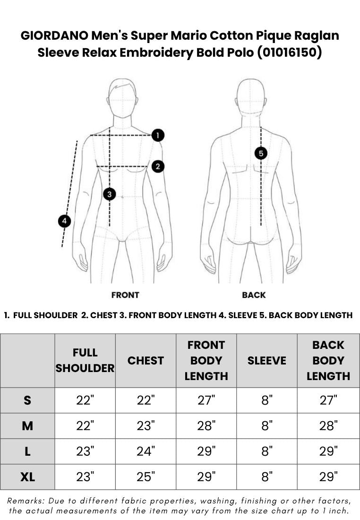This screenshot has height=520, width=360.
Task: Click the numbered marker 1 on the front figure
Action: coord(158,135)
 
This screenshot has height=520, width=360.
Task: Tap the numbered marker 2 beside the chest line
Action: coord(158,166)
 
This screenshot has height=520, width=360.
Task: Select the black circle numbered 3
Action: coord(110,194)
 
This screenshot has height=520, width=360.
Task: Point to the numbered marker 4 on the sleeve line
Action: coord(64,221)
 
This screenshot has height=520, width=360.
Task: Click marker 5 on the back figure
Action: coord(261,154)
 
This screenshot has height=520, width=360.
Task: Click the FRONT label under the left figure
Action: coord(125,295)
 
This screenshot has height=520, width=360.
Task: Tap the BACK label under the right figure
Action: coord(254,295)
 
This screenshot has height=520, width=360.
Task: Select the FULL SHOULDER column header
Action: coord(85,361)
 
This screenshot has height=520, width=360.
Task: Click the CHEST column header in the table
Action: coord(146,361)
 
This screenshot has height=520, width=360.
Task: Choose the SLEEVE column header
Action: coord(267,361)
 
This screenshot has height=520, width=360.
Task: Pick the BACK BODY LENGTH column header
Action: coord(328,361)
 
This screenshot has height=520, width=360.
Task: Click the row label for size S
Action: coord(27,400)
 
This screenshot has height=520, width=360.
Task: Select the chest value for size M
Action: coord(146,426)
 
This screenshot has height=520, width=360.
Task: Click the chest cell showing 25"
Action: coord(146,477)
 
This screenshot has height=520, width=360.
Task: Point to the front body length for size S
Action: coord(206,400)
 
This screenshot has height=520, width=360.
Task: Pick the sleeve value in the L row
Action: coord(267,451)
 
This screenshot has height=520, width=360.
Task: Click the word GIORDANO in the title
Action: coord(54,35)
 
